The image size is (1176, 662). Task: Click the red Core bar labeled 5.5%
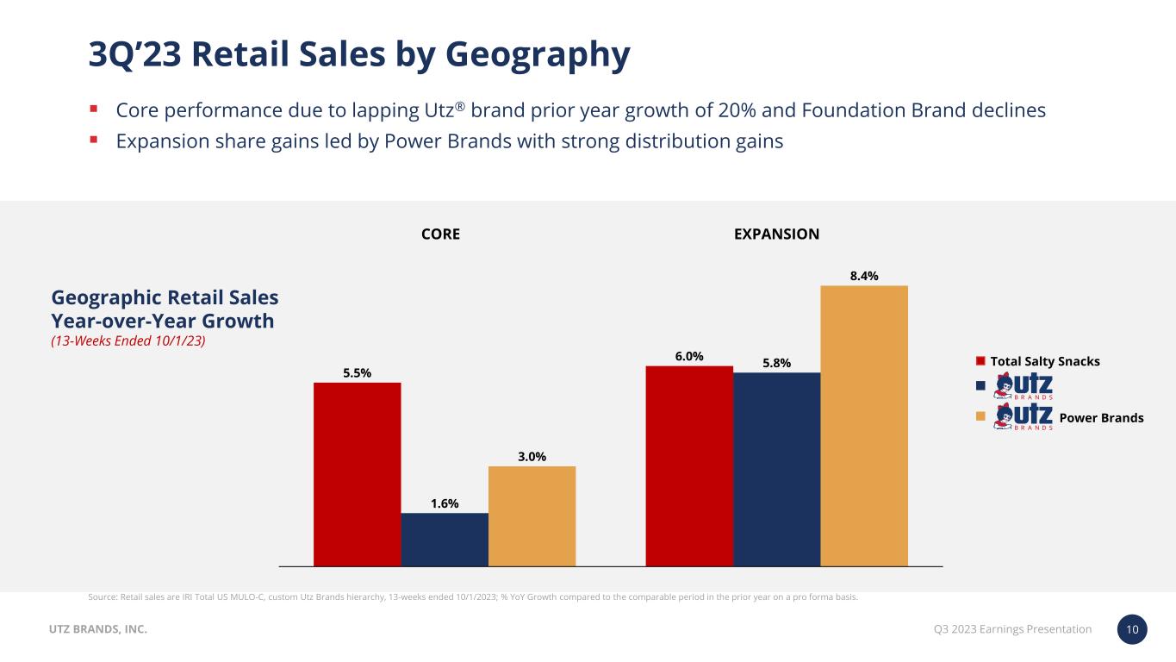[x=357, y=474]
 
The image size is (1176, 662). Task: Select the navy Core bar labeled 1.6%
[x=445, y=540]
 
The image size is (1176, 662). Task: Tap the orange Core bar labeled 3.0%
[x=532, y=515]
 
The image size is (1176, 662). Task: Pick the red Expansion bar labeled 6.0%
[x=689, y=465]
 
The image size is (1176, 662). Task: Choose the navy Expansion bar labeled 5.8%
[x=776, y=469]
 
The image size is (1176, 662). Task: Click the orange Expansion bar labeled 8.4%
[x=864, y=426]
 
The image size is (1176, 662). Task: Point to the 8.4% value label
[x=864, y=276]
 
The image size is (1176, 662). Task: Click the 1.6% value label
[x=445, y=503]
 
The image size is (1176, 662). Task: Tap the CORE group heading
[x=440, y=234]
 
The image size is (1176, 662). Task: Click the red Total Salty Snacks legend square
[x=980, y=361]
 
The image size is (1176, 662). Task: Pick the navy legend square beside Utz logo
[x=980, y=386]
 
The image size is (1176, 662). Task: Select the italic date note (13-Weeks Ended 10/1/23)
[x=128, y=341]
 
